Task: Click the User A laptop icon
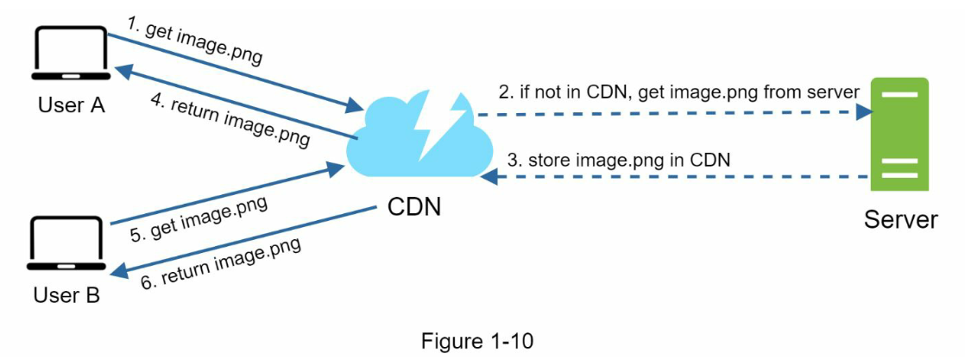68,54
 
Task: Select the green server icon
899,135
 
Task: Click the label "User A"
71,105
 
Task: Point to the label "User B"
66,296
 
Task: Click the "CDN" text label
414,206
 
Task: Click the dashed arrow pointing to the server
673,113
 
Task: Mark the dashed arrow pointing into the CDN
673,177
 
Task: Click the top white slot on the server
899,94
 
